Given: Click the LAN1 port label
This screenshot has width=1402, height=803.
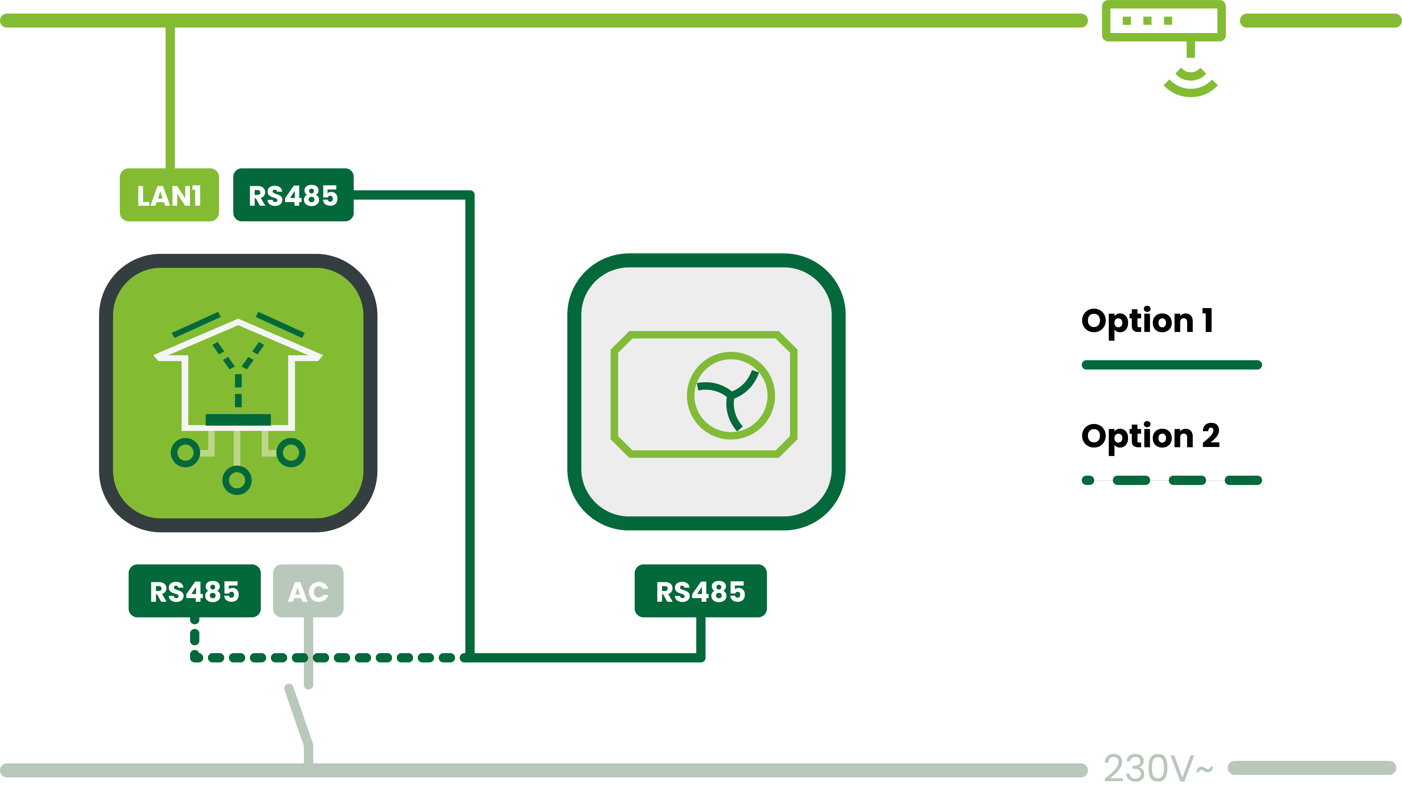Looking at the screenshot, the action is (x=169, y=195).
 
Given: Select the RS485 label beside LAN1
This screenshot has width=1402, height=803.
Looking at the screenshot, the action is (x=293, y=195).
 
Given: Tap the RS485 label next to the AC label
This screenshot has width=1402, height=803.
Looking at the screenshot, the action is (x=195, y=591).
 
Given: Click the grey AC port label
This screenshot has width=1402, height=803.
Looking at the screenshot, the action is (x=308, y=591).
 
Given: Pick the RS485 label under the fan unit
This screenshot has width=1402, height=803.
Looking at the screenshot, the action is (x=701, y=591).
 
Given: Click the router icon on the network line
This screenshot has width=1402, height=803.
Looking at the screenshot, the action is (x=1164, y=21).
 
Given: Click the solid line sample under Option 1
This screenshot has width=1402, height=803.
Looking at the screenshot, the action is (x=1171, y=364).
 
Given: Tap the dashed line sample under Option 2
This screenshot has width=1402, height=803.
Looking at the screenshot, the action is (x=1171, y=480).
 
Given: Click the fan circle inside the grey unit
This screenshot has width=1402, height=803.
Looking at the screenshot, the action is (x=731, y=395).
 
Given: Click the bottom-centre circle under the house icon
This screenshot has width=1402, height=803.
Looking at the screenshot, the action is (x=237, y=480).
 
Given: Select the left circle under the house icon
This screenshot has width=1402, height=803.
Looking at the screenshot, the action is (x=185, y=453).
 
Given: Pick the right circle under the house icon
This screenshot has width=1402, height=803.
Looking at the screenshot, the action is (x=291, y=453).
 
